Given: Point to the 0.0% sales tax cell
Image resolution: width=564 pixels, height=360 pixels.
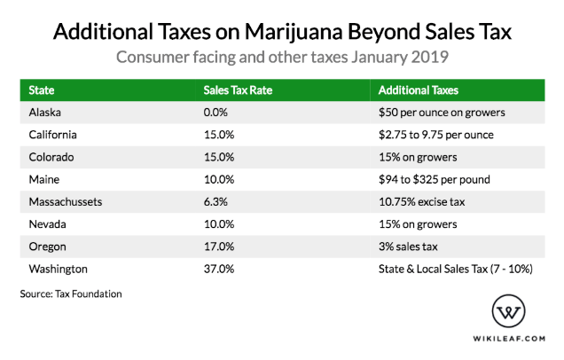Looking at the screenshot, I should pos(215,113).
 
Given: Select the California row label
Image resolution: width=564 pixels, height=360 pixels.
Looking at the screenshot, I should pos(52,135).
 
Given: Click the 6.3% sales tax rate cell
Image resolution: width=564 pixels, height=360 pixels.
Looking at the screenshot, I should pos(215,201).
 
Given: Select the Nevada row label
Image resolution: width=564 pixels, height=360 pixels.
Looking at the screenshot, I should pos(46,223).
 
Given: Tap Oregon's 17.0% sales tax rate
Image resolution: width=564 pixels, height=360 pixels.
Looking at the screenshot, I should pos(218,246).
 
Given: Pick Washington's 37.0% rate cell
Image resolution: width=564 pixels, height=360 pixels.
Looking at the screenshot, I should pos(218,268).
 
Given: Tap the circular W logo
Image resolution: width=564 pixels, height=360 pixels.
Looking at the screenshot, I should pos(513,312).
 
